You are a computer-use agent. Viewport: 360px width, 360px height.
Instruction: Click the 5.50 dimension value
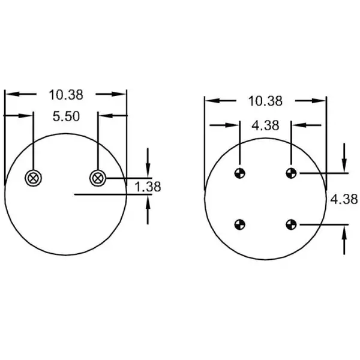[66, 116]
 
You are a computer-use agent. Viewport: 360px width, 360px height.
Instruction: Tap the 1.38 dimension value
[148, 187]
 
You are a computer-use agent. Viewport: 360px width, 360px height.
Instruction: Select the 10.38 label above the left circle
[66, 95]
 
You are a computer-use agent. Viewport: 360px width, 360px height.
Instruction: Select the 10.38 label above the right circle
[265, 101]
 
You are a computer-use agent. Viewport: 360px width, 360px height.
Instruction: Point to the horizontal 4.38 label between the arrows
[265, 125]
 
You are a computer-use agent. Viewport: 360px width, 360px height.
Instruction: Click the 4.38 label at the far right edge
[344, 199]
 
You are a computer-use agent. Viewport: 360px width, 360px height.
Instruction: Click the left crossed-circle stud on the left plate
[33, 178]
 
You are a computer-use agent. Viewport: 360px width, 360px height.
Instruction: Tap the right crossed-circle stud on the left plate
[98, 178]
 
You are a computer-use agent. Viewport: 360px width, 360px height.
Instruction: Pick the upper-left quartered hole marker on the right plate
[239, 173]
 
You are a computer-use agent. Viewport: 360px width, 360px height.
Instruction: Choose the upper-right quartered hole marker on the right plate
[291, 173]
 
